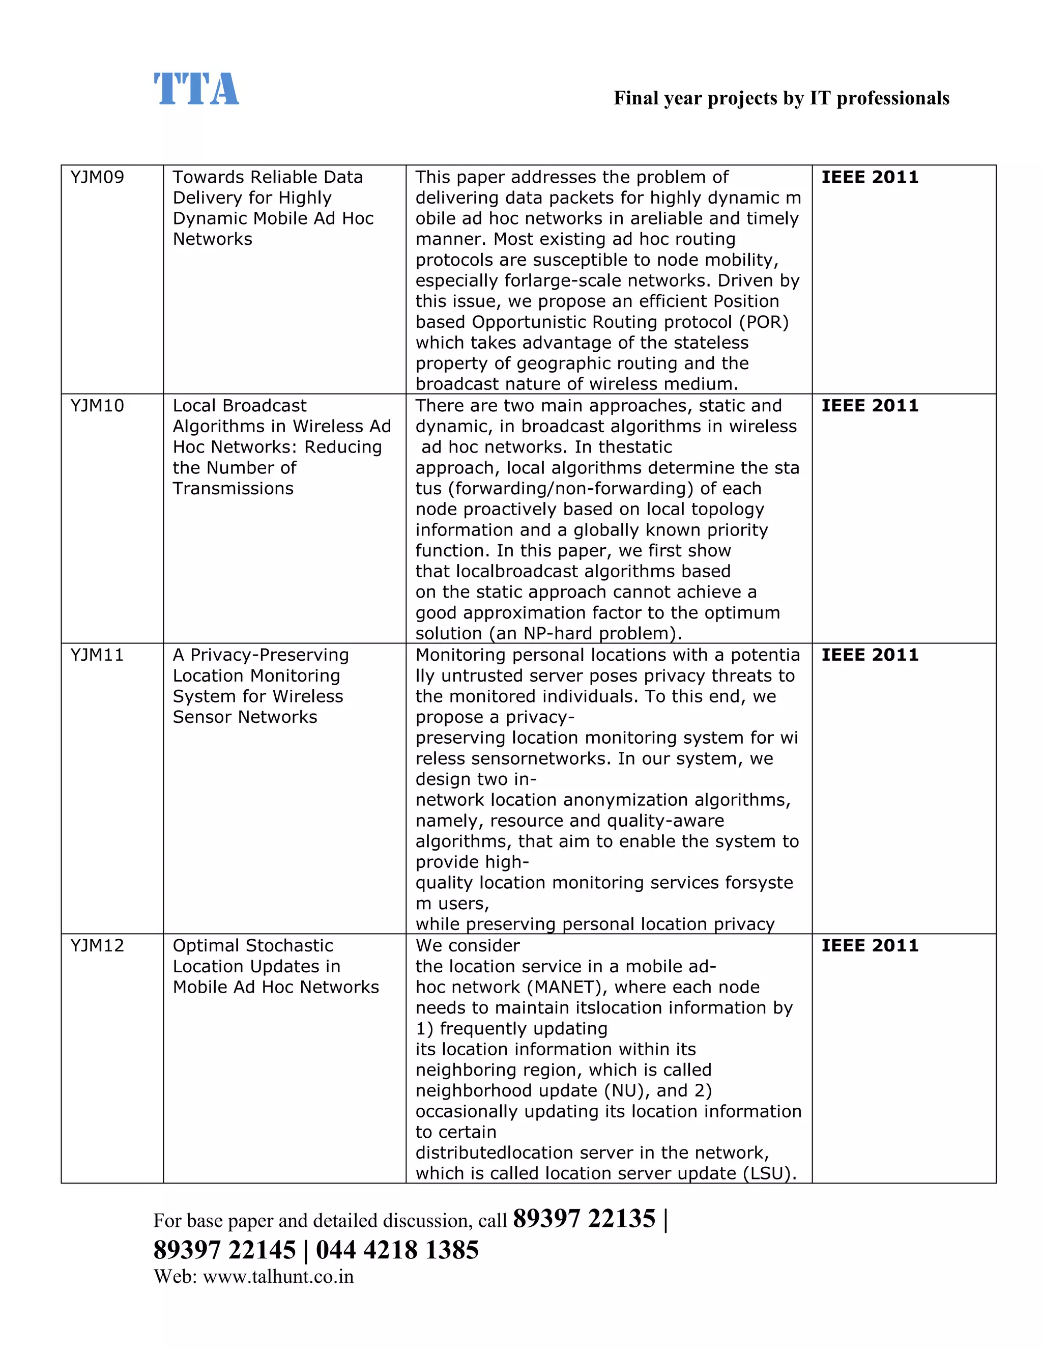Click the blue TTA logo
[x=196, y=90]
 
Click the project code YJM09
[x=97, y=177]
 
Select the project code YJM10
[x=97, y=406]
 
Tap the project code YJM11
[x=97, y=655]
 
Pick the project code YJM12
[x=97, y=946]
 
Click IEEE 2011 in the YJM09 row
[x=869, y=177]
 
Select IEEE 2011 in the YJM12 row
[x=869, y=946]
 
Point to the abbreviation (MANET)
[x=567, y=987]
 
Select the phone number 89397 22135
[x=584, y=1219]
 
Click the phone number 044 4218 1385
[x=397, y=1250]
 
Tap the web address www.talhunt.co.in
[x=278, y=1277]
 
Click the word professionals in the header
[x=892, y=98]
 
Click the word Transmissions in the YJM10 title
[x=233, y=489]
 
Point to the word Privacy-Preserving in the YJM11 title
[x=269, y=655]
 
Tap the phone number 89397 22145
[x=225, y=1250]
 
